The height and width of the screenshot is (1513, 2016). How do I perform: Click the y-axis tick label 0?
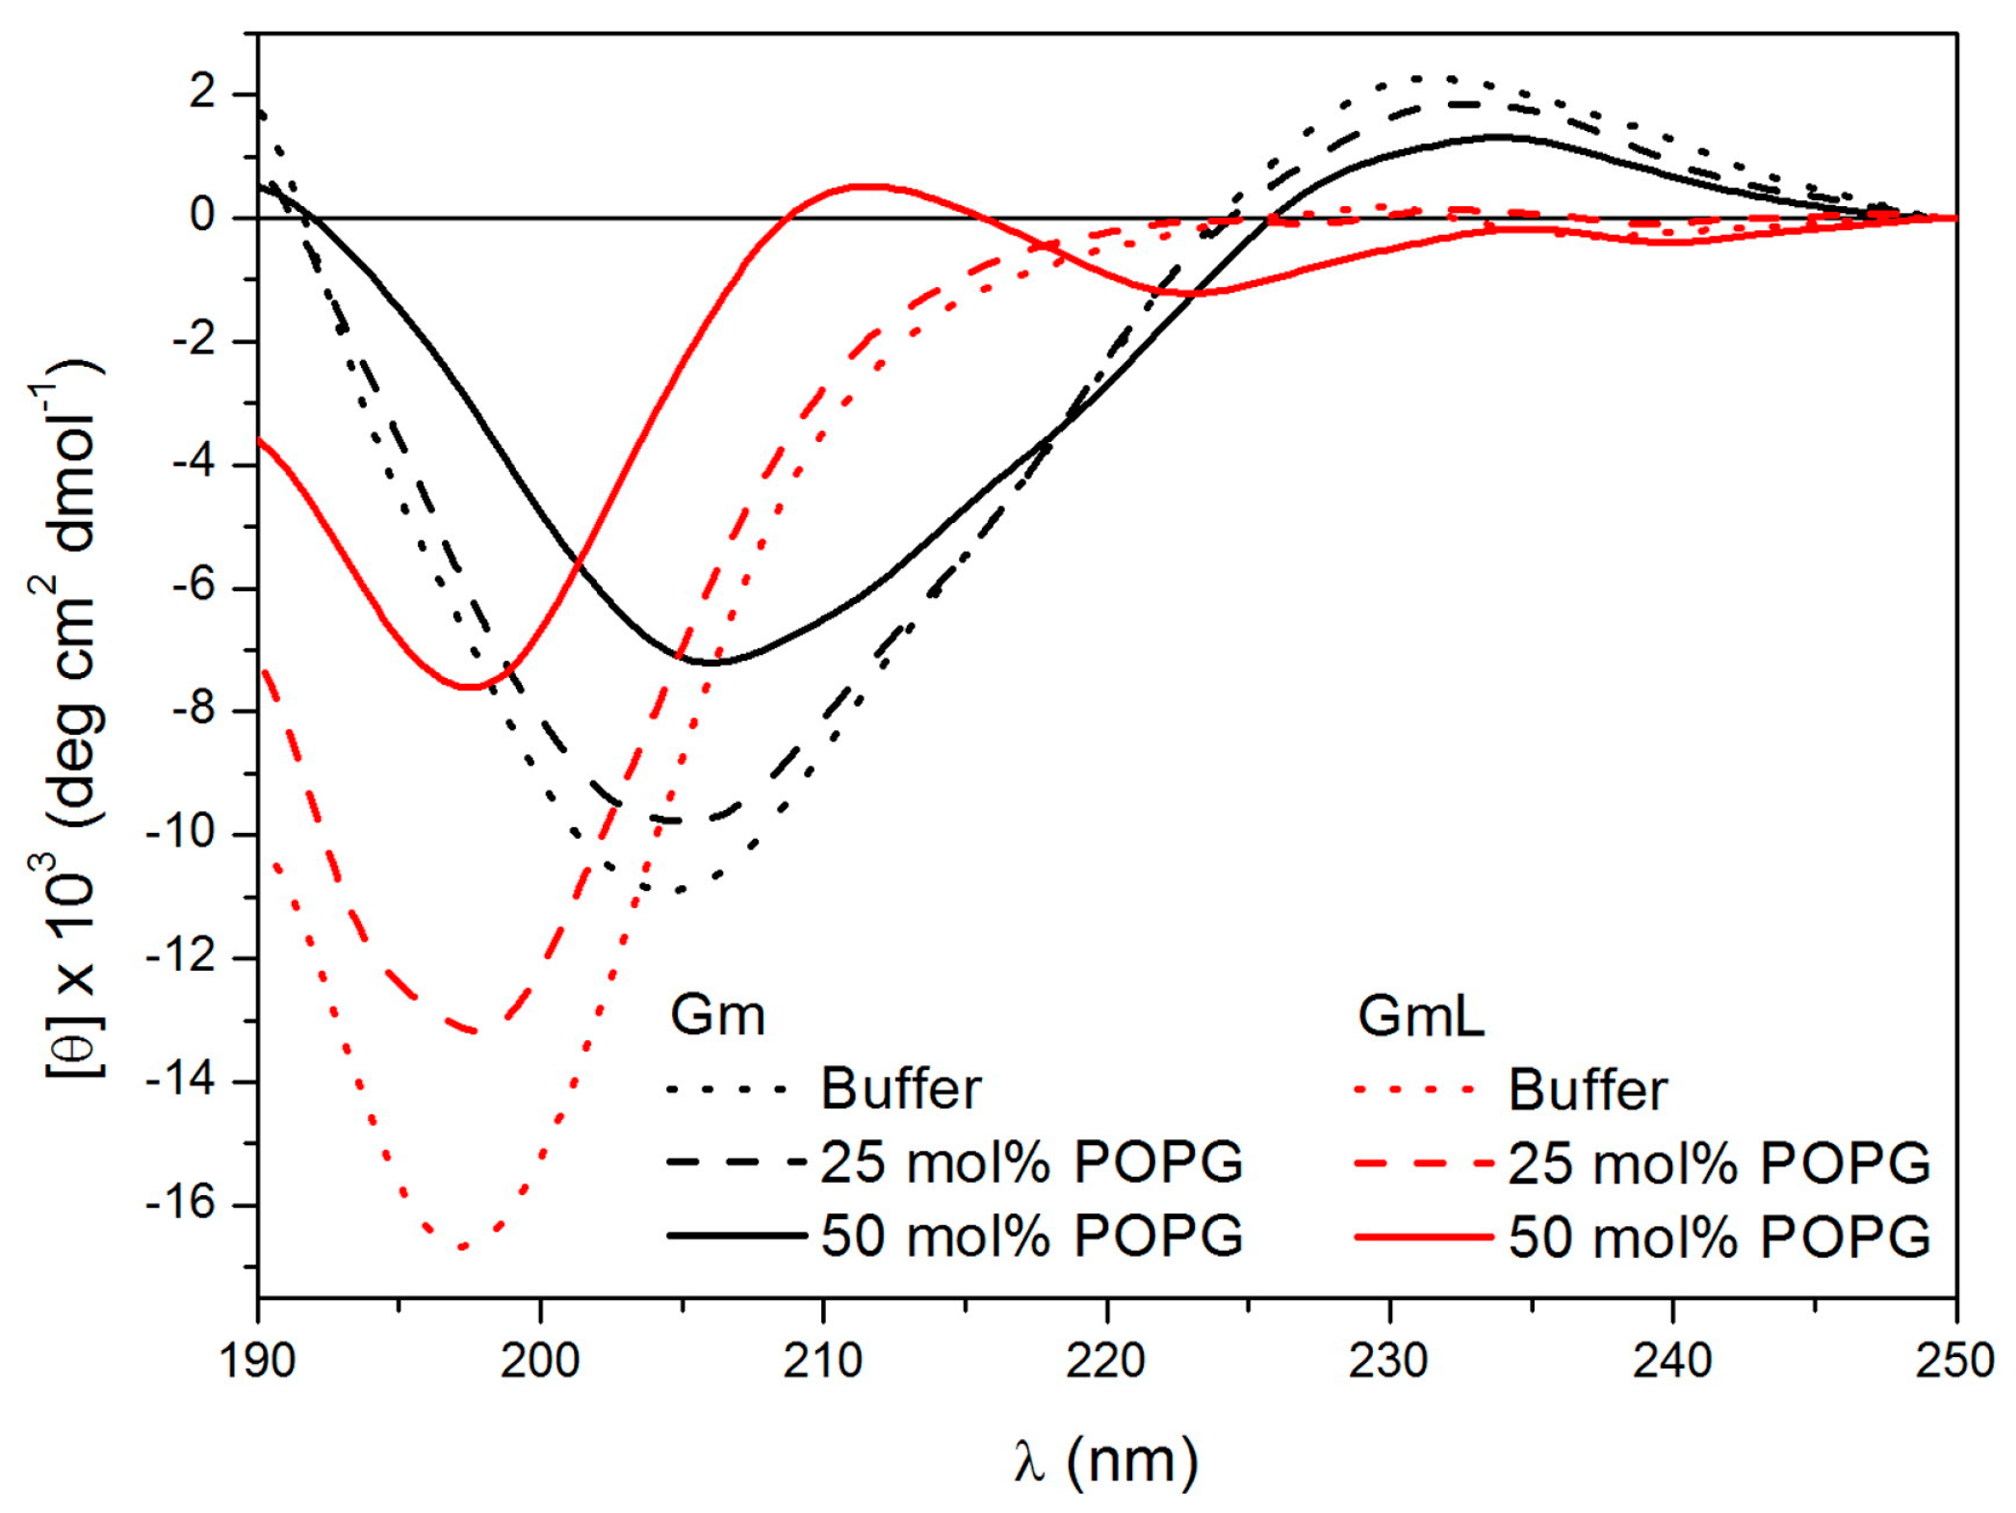pos(203,217)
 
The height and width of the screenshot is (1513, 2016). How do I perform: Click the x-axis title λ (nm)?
pos(1106,1461)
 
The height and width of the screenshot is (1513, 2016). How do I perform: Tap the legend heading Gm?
pos(717,1015)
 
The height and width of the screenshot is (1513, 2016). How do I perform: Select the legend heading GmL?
pos(1421,1015)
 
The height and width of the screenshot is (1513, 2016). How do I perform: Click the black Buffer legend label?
pos(900,1089)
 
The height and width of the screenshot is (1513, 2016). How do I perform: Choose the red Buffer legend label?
pos(1588,1089)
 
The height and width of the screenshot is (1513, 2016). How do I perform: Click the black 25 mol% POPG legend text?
pos(1031,1162)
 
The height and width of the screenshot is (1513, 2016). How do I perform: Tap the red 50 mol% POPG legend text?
pos(1719,1237)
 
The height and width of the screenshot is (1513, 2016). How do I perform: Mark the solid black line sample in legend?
pos(737,1236)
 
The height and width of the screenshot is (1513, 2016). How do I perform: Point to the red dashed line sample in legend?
pos(1424,1162)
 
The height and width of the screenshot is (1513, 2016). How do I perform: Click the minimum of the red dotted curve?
pos(463,1246)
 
